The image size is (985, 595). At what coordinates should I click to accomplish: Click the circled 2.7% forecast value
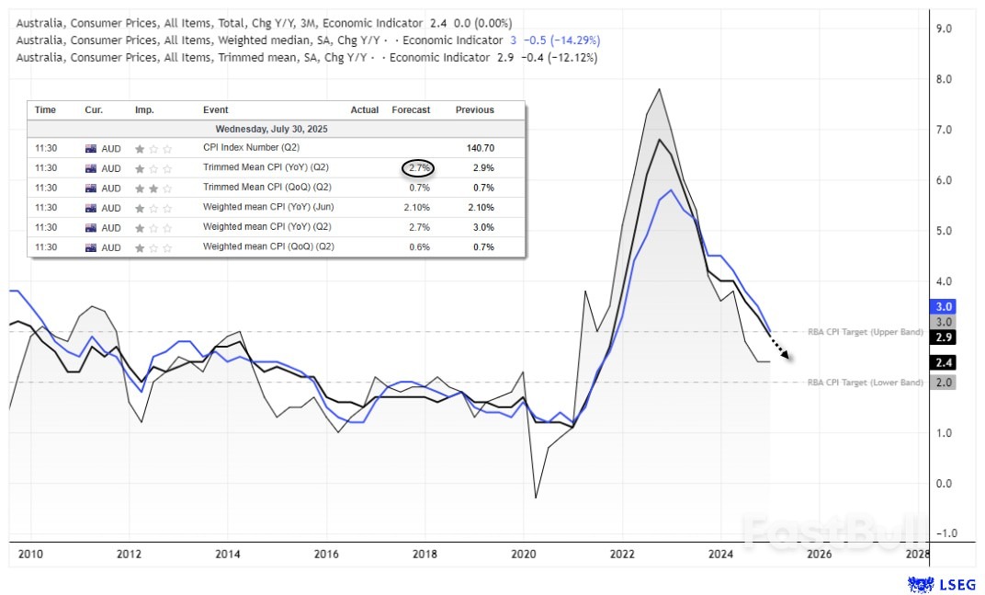click(x=417, y=168)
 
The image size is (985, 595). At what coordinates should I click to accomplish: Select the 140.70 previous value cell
click(x=475, y=148)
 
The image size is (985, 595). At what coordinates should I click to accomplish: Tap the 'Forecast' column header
click(x=411, y=110)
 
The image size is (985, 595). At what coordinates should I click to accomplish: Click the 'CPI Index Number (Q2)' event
click(x=251, y=148)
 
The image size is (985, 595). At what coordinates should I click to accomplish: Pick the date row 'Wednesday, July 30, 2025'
click(x=271, y=129)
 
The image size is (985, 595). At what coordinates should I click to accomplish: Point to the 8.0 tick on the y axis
click(x=943, y=79)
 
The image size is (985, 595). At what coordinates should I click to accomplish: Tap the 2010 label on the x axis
click(x=30, y=554)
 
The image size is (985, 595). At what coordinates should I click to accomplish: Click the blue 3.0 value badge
click(x=944, y=306)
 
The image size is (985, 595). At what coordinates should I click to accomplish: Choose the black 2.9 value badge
click(x=944, y=338)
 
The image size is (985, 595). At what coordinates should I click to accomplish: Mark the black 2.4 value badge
click(x=944, y=362)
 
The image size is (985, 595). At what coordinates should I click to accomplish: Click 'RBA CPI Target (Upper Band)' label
click(x=865, y=332)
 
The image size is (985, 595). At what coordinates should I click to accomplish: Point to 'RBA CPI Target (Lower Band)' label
click(x=865, y=383)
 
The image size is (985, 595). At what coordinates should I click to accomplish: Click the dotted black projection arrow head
click(x=787, y=356)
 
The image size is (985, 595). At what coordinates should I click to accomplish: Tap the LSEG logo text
click(x=958, y=584)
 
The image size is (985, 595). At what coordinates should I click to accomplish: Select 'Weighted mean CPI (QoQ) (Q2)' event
click(x=268, y=247)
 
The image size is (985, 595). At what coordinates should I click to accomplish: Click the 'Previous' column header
click(x=474, y=110)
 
